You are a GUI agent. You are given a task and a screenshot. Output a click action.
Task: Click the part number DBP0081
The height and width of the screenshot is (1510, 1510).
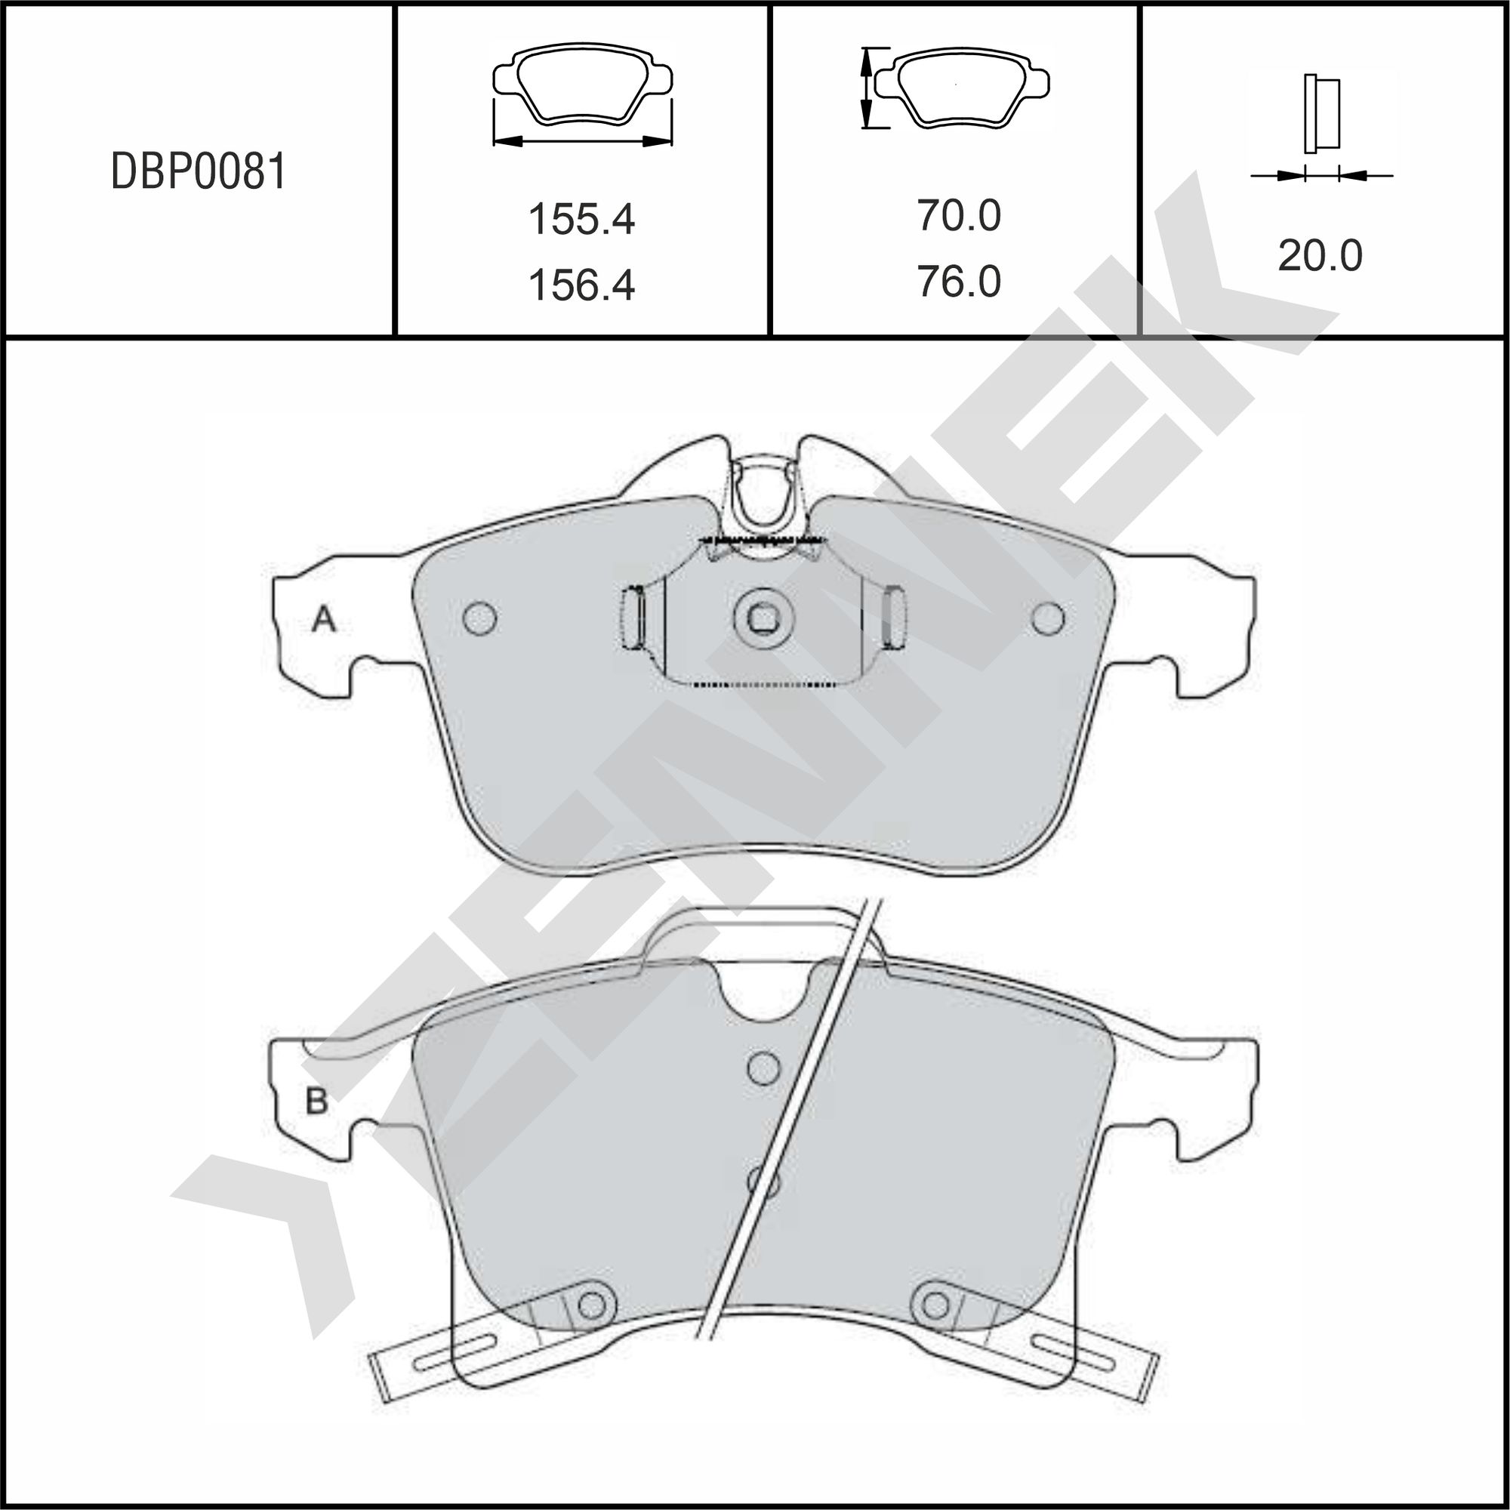pos(199,171)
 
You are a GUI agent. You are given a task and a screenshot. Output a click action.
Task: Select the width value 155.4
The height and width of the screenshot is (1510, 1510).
pos(581,219)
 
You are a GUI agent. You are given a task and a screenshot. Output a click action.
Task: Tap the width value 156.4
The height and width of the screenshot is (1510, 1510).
pos(581,285)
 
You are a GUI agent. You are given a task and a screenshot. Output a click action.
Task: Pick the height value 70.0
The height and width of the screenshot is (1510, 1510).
pos(958,215)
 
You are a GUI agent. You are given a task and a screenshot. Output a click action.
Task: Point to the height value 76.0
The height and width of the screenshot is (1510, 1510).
pos(958,282)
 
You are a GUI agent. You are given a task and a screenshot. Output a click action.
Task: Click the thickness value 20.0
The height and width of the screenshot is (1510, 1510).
pos(1320,256)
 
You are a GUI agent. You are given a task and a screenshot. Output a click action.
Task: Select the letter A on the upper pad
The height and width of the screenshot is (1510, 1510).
pos(324,620)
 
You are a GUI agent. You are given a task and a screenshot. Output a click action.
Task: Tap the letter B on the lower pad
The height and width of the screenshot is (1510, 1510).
pos(316,1102)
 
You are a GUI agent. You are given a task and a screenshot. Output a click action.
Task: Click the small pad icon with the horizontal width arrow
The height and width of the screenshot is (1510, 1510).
pos(582,94)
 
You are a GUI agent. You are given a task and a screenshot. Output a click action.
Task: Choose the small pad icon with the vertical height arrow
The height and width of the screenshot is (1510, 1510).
pos(954,87)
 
